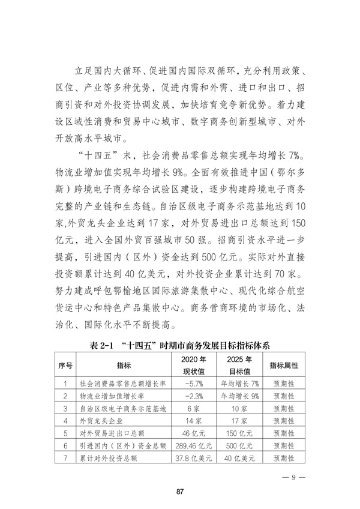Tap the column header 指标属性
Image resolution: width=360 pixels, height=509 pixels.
click(x=284, y=365)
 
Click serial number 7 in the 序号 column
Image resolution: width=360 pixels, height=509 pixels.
click(x=65, y=459)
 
